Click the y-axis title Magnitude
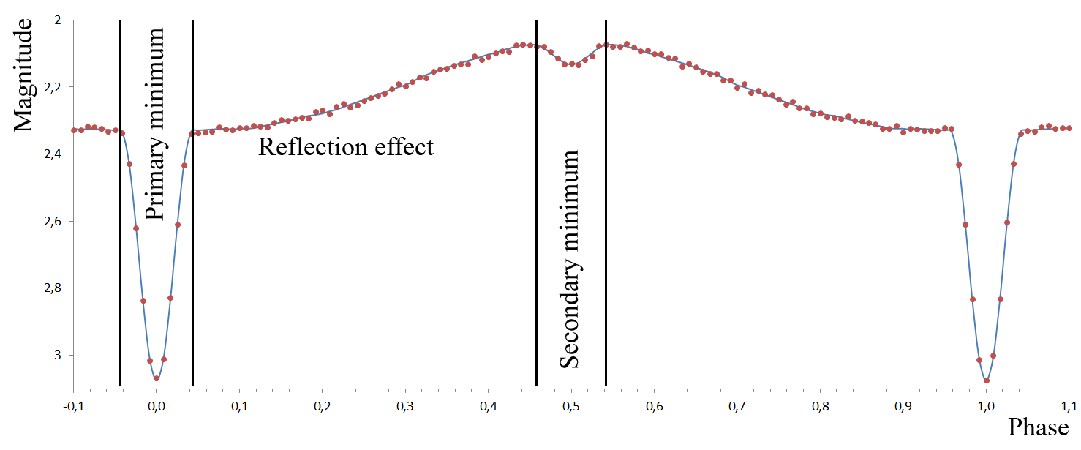click(23, 75)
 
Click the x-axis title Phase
click(1038, 427)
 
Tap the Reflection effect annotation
click(345, 147)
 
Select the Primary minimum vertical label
click(155, 124)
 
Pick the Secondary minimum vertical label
click(570, 259)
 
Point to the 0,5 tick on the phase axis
click(571, 407)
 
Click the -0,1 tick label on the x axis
click(73, 407)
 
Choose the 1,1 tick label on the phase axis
click(1069, 407)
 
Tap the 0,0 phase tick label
click(157, 407)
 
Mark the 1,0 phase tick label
click(986, 407)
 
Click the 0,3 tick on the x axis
click(405, 407)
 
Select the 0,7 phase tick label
click(737, 407)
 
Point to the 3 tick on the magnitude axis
click(58, 355)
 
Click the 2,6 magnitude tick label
click(53, 221)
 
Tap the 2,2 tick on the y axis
click(53, 87)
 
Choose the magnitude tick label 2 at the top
click(58, 20)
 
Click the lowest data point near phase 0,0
click(157, 378)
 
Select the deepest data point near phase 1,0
click(987, 380)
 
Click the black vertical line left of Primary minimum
click(120, 203)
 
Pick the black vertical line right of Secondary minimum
click(606, 203)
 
